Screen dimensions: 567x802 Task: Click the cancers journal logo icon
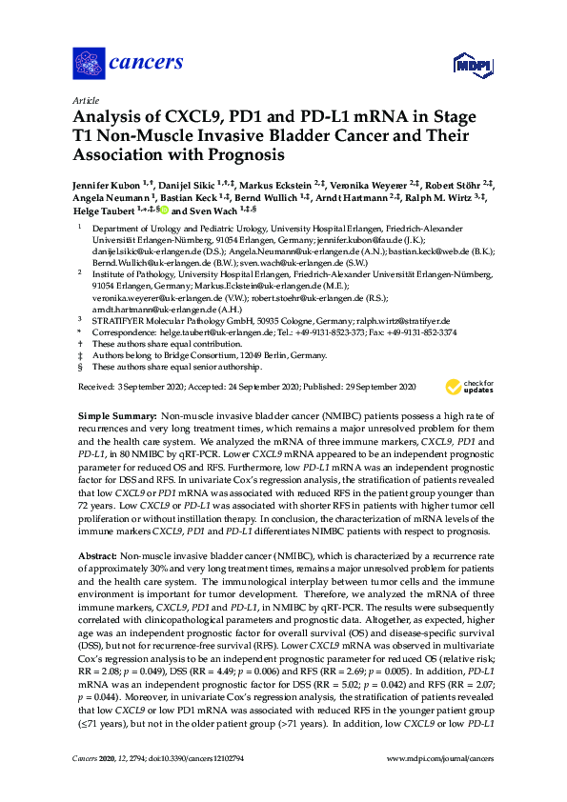(88, 66)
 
